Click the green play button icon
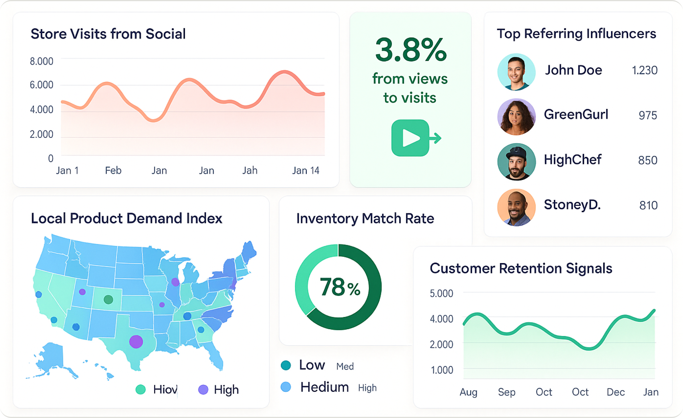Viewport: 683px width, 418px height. (410, 138)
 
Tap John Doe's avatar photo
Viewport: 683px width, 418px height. (516, 72)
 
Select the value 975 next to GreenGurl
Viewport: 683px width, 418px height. (648, 115)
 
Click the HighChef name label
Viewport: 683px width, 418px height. (573, 159)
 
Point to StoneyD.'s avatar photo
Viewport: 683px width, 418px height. (516, 207)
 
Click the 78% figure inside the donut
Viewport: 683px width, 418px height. (340, 287)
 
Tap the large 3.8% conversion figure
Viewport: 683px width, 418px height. (411, 50)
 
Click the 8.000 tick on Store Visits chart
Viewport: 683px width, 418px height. (42, 61)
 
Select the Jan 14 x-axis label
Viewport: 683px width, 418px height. (306, 170)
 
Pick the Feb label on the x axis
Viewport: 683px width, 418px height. (113, 170)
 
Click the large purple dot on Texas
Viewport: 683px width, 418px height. (136, 341)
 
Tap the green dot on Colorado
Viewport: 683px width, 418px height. (108, 299)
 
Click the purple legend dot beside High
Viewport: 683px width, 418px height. (203, 389)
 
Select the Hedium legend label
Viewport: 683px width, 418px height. (324, 387)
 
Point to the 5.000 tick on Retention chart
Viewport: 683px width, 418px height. (441, 293)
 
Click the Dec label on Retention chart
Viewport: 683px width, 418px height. (616, 392)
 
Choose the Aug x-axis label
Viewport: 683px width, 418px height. (468, 392)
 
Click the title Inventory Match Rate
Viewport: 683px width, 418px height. (365, 219)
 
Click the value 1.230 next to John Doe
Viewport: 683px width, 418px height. (645, 70)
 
